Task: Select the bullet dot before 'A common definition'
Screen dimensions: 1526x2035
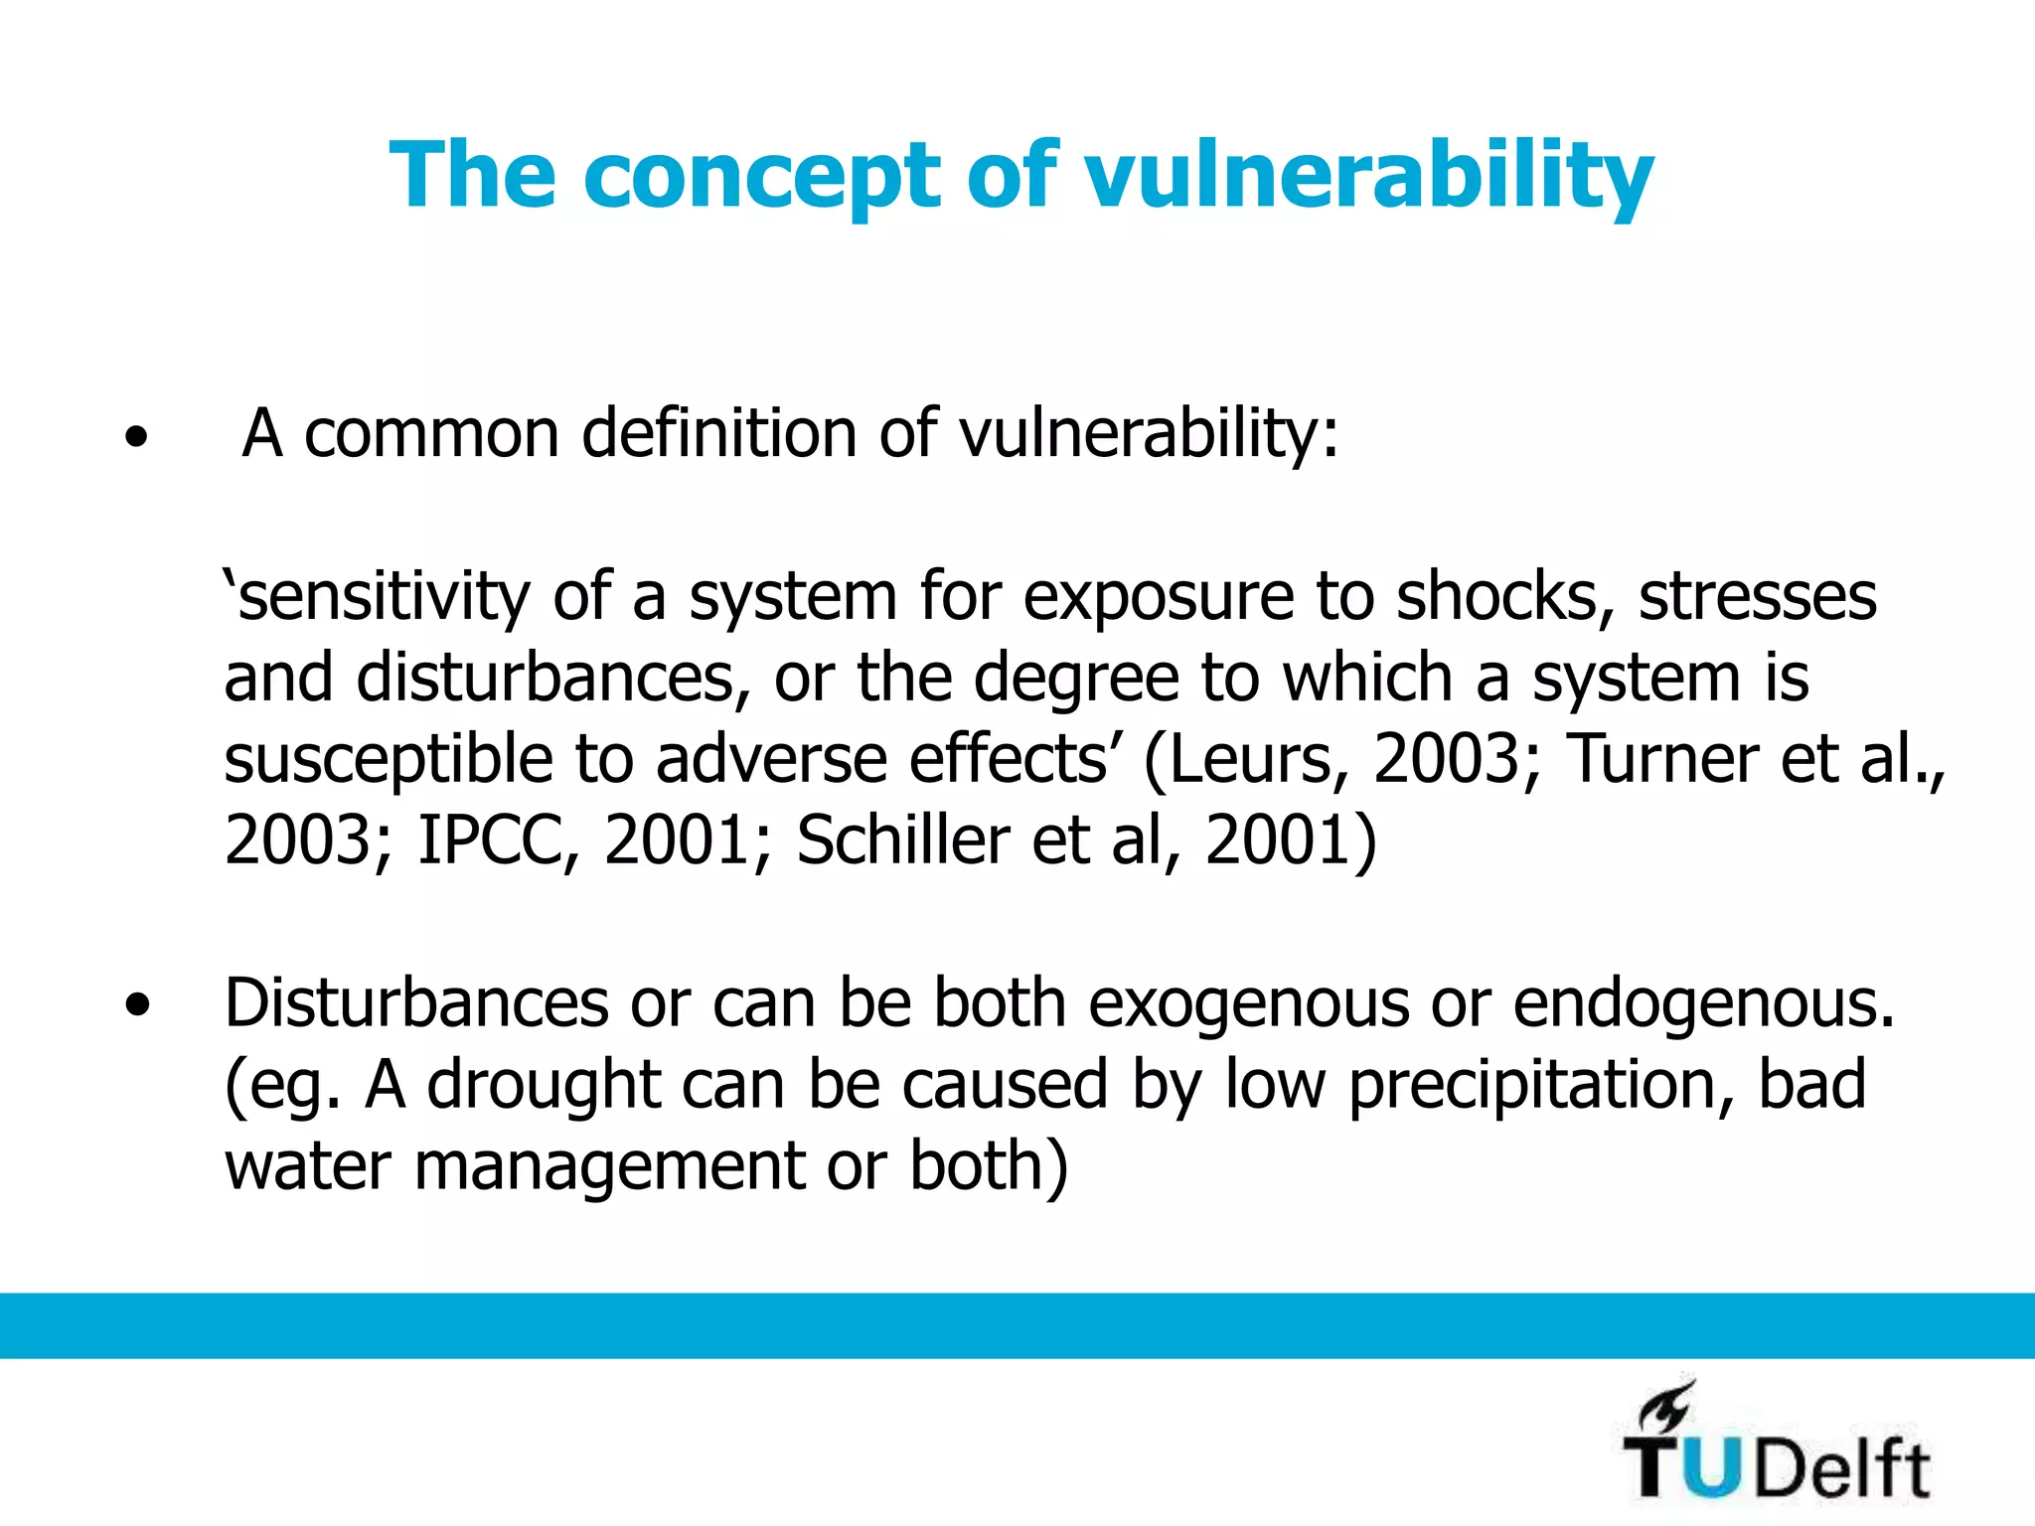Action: point(136,437)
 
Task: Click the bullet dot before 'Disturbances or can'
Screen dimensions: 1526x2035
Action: point(138,1006)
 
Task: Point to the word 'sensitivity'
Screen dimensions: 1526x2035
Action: point(383,597)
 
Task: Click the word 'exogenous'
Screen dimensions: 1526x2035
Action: point(1248,1004)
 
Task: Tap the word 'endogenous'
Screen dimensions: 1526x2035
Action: point(1703,1004)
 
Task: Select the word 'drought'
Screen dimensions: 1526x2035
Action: point(544,1086)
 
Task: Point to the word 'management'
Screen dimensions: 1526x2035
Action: point(609,1167)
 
